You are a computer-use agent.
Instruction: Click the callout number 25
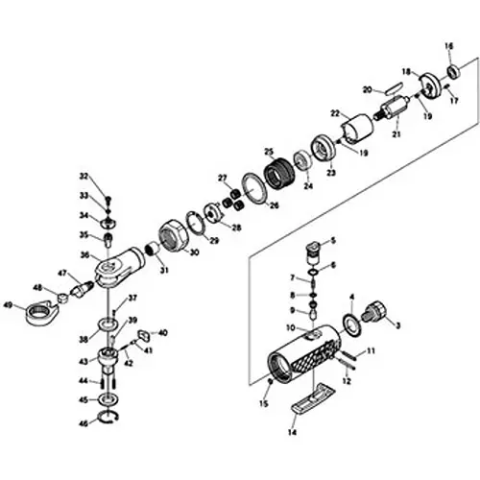pos(271,152)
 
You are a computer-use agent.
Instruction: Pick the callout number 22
pos(335,113)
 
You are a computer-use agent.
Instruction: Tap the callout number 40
pos(162,332)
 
